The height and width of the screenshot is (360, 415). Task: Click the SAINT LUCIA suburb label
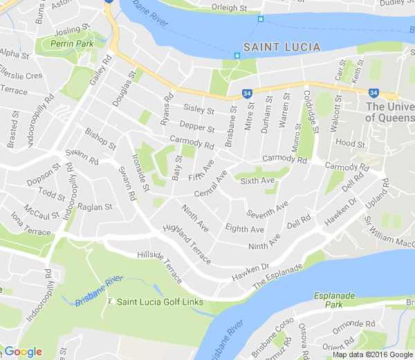(277, 47)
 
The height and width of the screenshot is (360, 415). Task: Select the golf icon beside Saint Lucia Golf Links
(111, 302)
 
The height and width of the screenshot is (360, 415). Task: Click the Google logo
(23, 352)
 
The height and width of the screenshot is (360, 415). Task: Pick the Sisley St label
(199, 108)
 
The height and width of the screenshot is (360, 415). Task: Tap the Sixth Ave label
(257, 181)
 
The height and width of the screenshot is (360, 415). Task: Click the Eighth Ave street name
(245, 229)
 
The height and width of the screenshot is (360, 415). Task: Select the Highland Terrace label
(187, 244)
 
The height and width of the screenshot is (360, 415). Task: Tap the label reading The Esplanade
(279, 276)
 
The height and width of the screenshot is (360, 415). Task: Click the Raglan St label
(95, 207)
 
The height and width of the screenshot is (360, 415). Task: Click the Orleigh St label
(230, 8)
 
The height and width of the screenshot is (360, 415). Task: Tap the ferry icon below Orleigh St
(261, 19)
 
